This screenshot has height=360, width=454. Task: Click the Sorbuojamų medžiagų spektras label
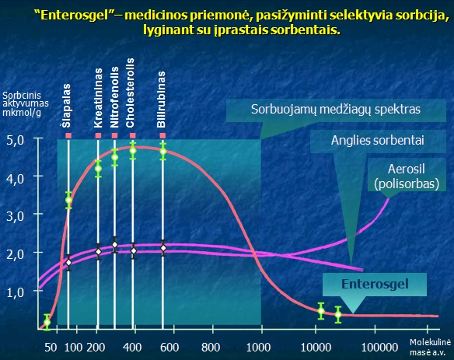click(335, 110)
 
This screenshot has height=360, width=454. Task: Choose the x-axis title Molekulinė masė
click(430, 345)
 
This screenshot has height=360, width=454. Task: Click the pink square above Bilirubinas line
click(163, 135)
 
